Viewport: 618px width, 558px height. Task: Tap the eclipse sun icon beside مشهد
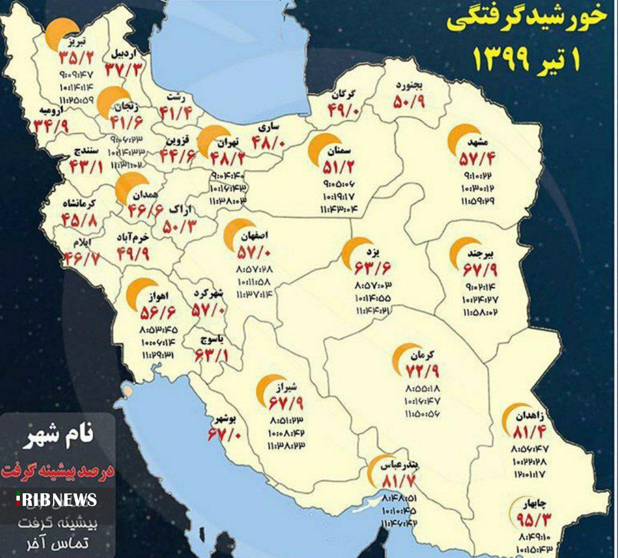click(463, 139)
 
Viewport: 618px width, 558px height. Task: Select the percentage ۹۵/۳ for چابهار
click(533, 520)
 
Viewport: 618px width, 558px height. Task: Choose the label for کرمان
click(422, 356)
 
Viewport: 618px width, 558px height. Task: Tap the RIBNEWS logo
click(57, 500)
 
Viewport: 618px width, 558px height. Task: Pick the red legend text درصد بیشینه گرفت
click(57, 471)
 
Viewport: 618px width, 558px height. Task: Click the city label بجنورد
click(409, 86)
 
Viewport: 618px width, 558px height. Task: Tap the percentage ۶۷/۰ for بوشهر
click(225, 435)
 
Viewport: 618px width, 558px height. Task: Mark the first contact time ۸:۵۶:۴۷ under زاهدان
click(529, 449)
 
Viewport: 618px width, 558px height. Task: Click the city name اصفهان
click(252, 237)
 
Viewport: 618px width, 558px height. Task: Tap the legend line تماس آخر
click(58, 543)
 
